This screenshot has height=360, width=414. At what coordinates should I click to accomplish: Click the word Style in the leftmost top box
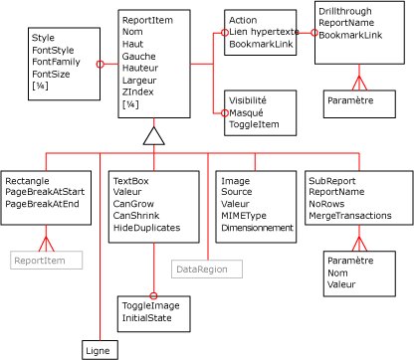(43, 38)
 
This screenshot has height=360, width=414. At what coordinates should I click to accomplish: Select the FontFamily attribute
(56, 62)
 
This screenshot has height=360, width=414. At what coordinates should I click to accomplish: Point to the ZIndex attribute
(137, 91)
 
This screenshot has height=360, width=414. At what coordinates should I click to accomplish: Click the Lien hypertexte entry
(263, 33)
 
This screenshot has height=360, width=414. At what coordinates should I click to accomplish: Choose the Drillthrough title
(345, 10)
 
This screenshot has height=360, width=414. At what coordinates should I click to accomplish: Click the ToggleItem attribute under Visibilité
(254, 124)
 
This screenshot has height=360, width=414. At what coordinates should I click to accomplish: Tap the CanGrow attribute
(132, 204)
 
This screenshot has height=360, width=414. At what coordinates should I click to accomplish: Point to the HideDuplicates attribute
(146, 228)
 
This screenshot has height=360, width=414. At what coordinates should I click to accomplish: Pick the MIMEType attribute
(243, 216)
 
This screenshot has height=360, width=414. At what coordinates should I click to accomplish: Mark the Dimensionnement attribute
(257, 228)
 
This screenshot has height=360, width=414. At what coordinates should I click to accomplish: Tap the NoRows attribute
(326, 204)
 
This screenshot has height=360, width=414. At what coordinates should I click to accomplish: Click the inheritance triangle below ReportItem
(153, 136)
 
